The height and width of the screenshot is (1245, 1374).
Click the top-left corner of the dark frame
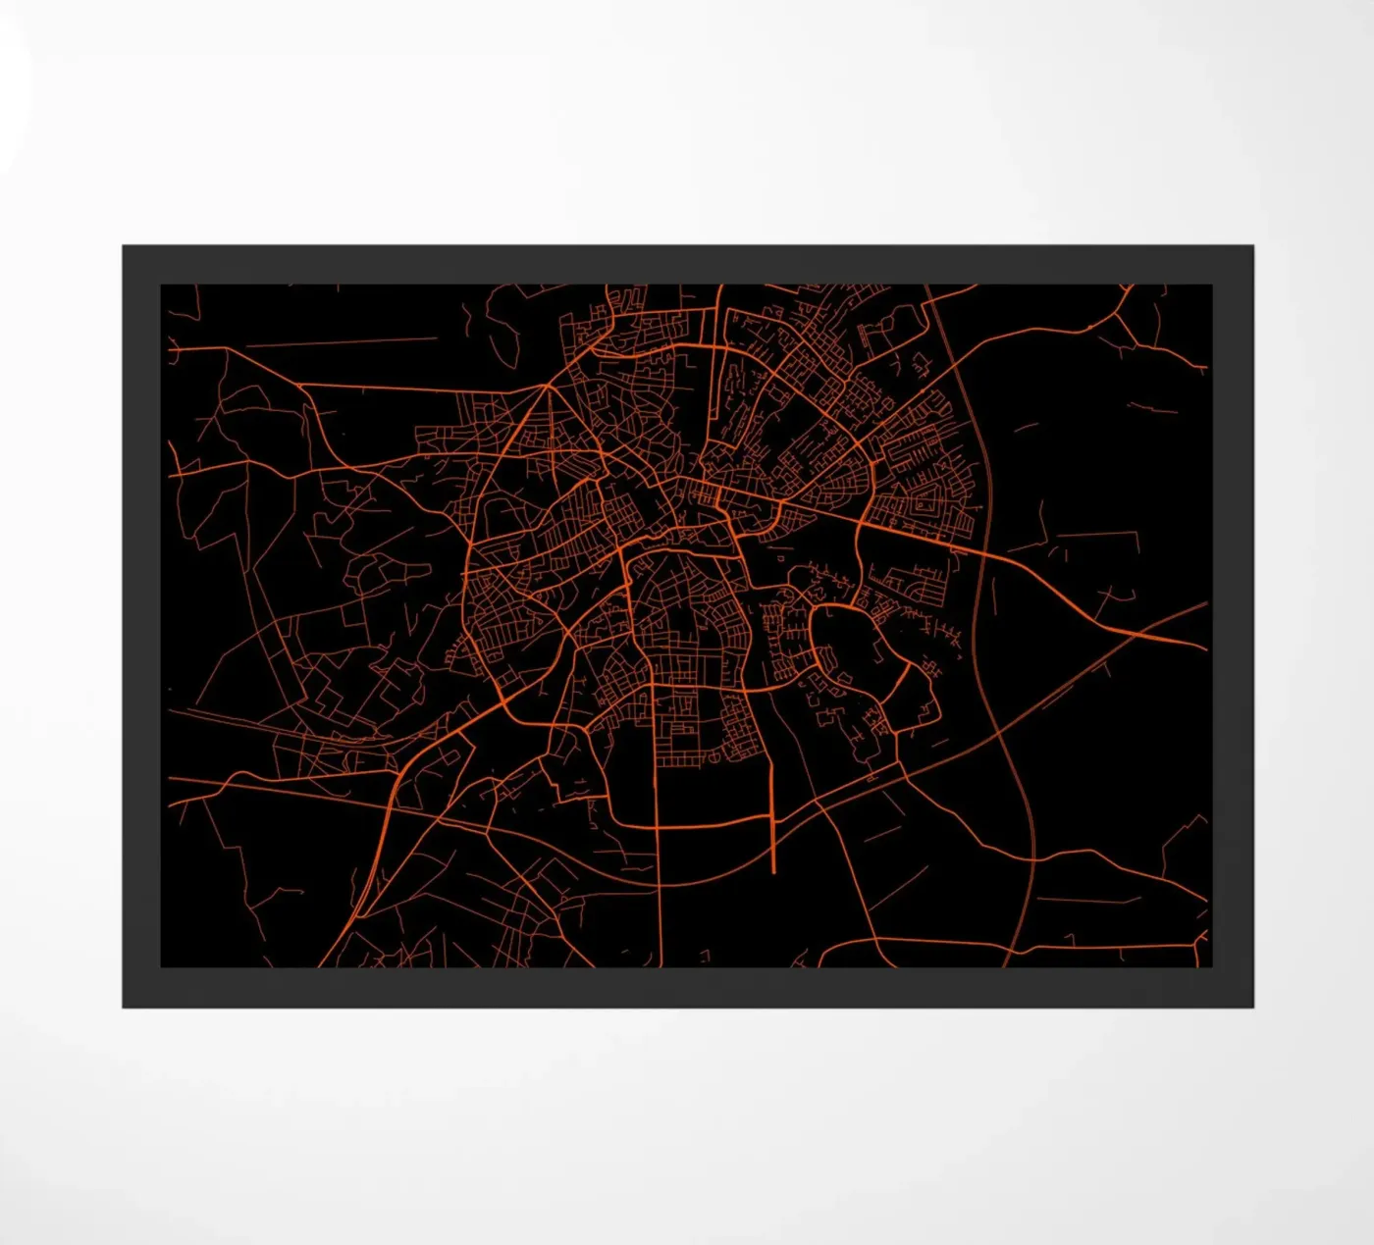124,247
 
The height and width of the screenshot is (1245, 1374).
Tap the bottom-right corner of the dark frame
1252,1006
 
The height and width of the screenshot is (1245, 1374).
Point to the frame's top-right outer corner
1252,247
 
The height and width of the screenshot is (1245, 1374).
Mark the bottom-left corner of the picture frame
124,1006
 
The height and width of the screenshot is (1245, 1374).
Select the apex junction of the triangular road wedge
547,386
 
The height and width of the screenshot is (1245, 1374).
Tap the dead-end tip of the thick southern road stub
773,870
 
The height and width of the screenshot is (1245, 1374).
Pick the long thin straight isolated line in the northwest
339,342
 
